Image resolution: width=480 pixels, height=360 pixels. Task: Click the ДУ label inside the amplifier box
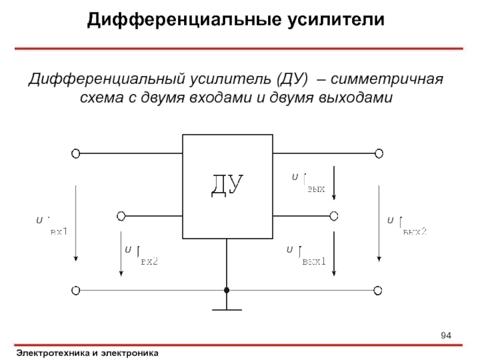(227, 186)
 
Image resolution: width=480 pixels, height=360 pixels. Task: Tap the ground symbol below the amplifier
(227, 309)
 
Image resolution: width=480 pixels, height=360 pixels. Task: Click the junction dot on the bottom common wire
(227, 290)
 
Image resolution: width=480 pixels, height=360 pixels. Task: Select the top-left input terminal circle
(76, 154)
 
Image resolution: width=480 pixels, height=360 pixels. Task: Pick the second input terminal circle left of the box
(121, 215)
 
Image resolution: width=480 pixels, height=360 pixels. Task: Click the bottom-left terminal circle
(76, 290)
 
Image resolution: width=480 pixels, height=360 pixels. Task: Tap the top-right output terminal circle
(378, 154)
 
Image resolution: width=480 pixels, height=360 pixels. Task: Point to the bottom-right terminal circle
(378, 290)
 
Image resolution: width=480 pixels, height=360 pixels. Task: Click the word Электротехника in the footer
(53, 353)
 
